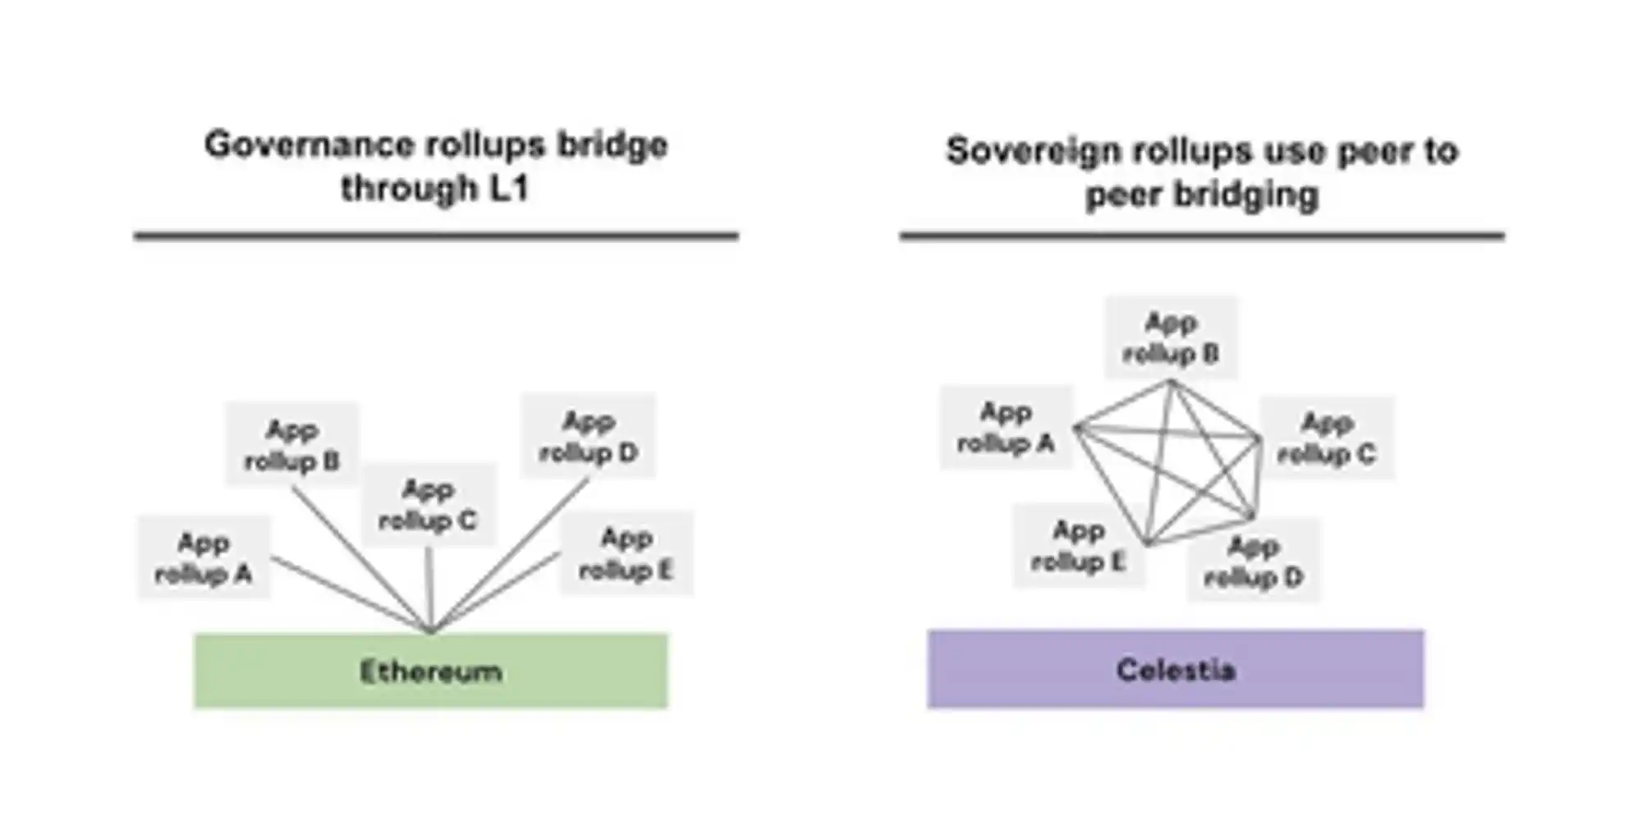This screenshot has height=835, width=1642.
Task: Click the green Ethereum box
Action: (x=430, y=670)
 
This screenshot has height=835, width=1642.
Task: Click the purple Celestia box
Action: (x=1175, y=668)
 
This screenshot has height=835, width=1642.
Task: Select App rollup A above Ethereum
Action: (x=204, y=557)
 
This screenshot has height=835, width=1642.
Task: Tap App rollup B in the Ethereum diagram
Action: (x=292, y=444)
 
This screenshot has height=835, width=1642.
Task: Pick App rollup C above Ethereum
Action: (x=428, y=504)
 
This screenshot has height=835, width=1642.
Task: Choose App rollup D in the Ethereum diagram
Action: (x=588, y=436)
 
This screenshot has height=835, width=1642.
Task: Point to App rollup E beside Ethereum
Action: (x=626, y=553)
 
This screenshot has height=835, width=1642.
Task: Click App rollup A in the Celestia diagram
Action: (x=1006, y=426)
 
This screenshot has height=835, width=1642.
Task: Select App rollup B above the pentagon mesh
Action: (x=1171, y=337)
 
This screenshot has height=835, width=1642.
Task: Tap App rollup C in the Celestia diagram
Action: (x=1327, y=438)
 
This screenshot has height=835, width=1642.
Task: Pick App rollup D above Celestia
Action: (x=1253, y=561)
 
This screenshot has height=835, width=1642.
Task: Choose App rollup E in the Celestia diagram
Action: (x=1078, y=545)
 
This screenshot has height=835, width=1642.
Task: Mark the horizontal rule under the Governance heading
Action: (x=436, y=236)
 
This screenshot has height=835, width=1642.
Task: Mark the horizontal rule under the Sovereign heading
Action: (x=1201, y=236)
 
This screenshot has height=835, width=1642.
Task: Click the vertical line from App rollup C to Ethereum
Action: (x=429, y=587)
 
